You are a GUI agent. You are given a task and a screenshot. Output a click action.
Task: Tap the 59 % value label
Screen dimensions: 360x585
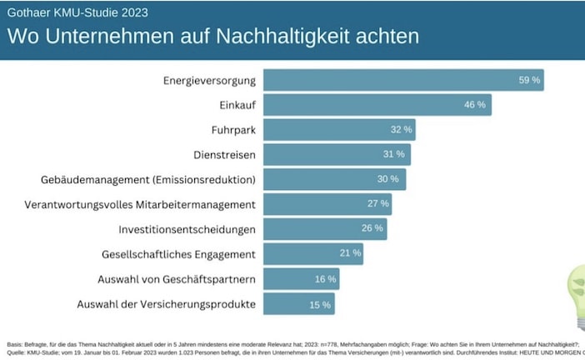[530, 80]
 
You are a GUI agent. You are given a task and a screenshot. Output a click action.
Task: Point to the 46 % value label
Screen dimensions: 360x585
[474, 105]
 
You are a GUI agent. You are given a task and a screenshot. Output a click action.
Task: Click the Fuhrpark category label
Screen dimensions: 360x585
[233, 130]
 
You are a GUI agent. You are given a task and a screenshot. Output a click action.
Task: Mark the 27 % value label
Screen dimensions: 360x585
[378, 203]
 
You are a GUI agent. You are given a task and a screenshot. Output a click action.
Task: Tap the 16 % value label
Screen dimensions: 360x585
[325, 278]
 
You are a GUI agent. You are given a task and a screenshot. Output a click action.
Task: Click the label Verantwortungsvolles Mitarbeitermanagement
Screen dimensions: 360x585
[140, 204]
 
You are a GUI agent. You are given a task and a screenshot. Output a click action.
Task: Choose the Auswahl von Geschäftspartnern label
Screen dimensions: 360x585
[167, 278]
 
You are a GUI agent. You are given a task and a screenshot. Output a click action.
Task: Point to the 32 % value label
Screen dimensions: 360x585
[402, 130]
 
